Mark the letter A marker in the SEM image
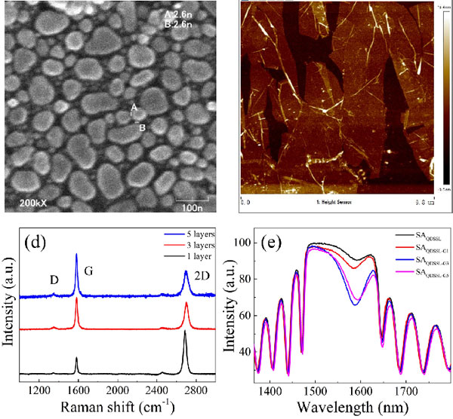(134, 107)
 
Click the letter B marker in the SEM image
(142, 127)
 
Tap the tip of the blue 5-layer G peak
(76, 255)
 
